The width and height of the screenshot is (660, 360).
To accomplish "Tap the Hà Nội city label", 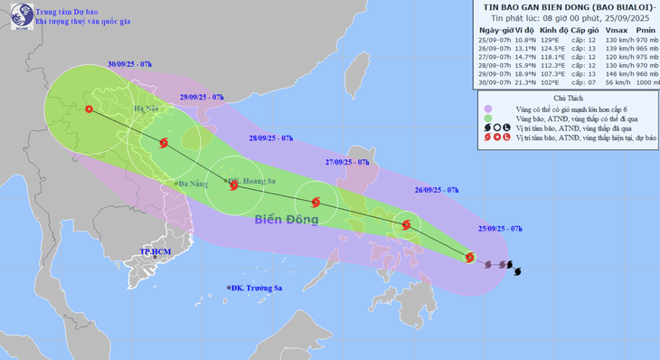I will point(144,110).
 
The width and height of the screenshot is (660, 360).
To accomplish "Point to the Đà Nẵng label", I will point(192,184).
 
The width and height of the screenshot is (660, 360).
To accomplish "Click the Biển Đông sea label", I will point(286,219).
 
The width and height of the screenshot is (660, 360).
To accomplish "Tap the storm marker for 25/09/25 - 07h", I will point(468,258).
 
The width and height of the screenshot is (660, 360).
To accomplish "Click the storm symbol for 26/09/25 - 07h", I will point(406,225).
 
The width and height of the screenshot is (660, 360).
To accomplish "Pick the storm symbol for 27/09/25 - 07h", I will point(316,203).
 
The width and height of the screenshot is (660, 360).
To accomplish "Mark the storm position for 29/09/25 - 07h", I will point(164,143).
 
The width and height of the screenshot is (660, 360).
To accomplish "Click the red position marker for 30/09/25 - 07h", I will point(89,109).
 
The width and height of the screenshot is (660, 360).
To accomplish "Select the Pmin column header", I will point(635,30).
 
